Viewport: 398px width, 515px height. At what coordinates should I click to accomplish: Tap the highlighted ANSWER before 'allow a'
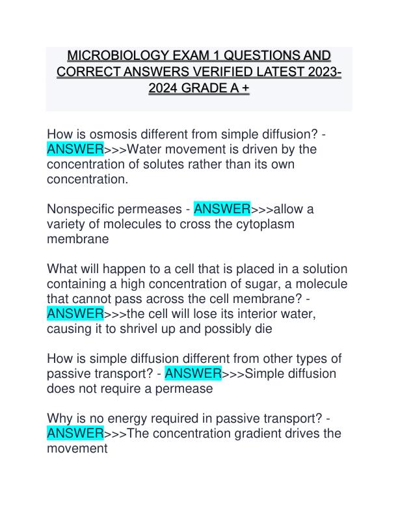pyautogui.click(x=222, y=209)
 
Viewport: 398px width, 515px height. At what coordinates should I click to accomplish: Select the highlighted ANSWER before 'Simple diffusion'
pyautogui.click(x=194, y=374)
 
